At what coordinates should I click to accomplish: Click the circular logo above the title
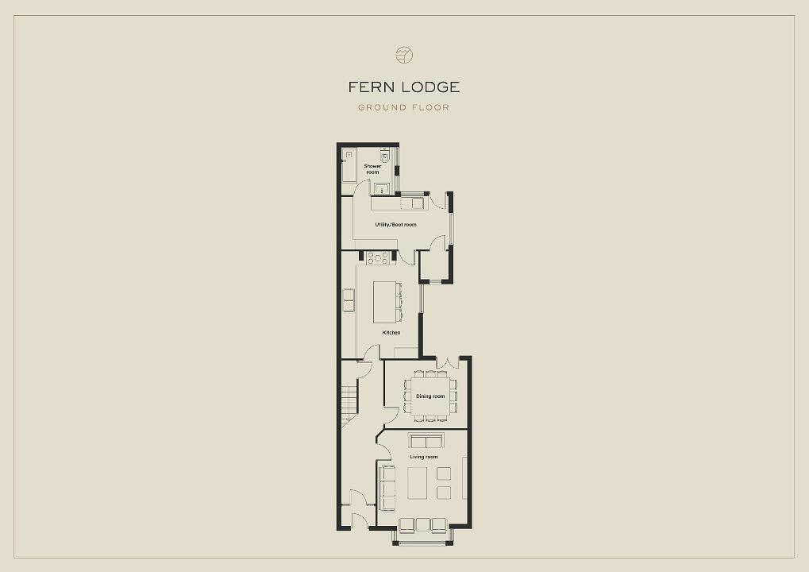[404, 55]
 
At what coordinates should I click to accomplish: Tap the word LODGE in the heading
[430, 87]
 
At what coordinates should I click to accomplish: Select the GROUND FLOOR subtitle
[404, 107]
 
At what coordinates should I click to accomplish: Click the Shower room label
[372, 168]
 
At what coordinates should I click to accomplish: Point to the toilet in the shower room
[384, 155]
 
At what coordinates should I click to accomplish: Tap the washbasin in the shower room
[382, 188]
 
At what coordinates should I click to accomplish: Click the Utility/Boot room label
[395, 225]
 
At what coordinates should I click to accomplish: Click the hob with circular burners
[378, 257]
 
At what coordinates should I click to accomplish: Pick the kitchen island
[384, 301]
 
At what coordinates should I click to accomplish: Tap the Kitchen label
[391, 332]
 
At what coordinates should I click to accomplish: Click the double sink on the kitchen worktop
[349, 300]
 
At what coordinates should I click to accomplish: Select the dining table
[430, 396]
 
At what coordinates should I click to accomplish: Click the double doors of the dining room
[448, 362]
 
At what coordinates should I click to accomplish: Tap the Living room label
[424, 457]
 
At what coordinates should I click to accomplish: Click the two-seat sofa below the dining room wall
[426, 441]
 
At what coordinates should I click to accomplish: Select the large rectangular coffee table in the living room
[418, 483]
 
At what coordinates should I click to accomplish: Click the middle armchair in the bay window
[423, 524]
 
